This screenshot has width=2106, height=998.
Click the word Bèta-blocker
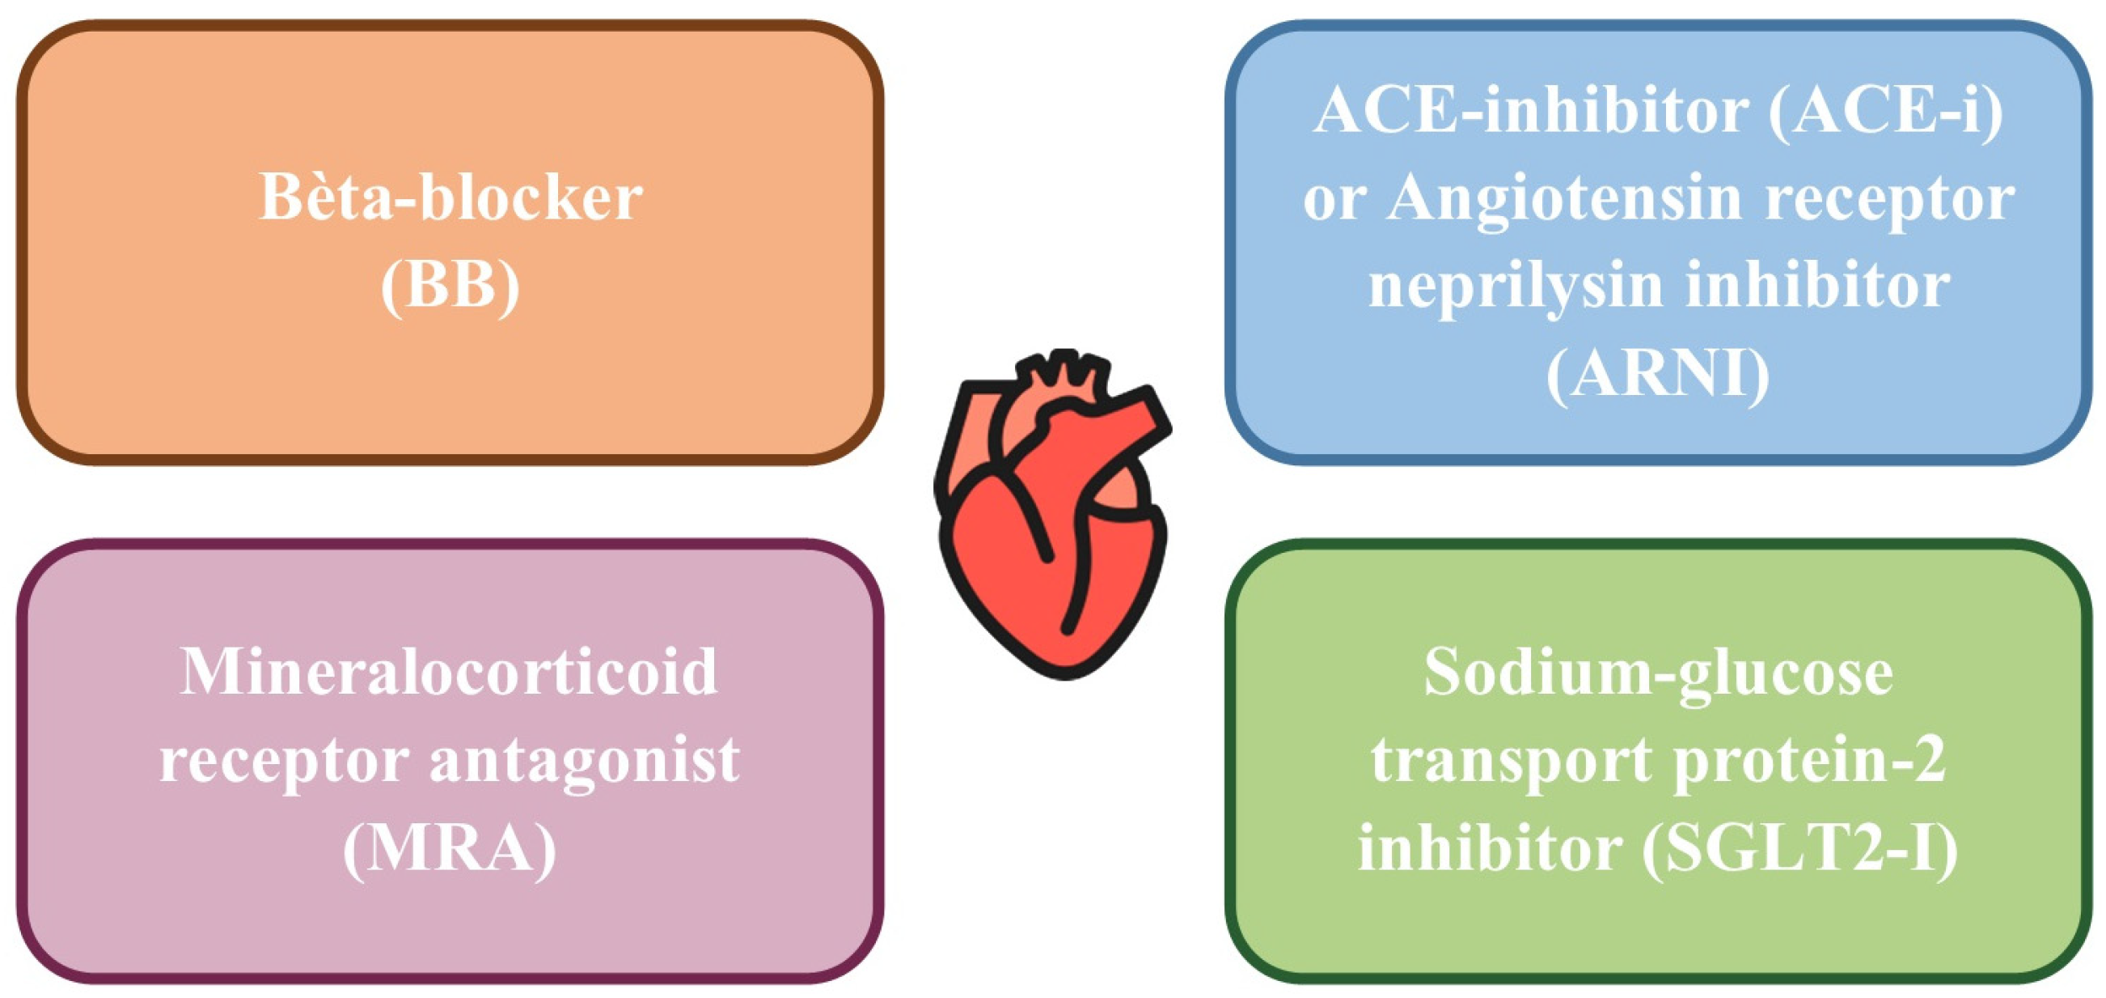pyautogui.click(x=450, y=197)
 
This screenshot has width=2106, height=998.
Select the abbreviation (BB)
pyautogui.click(x=450, y=286)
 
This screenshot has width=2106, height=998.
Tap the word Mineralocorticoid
pyautogui.click(x=449, y=672)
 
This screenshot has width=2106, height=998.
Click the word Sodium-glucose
pyautogui.click(x=1658, y=672)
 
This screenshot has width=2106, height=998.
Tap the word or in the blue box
pyautogui.click(x=1334, y=199)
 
